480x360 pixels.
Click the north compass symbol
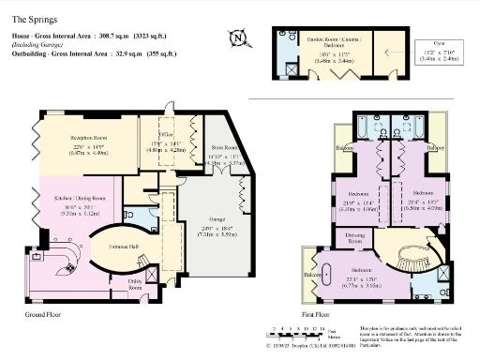[x=239, y=38]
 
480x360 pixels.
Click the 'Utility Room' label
[x=135, y=283]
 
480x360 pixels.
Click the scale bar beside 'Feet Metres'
[x=296, y=329]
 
